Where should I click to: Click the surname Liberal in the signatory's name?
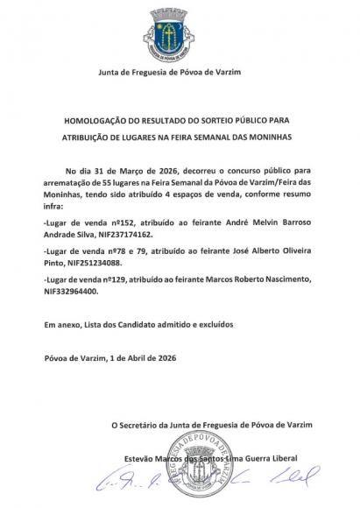279,458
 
